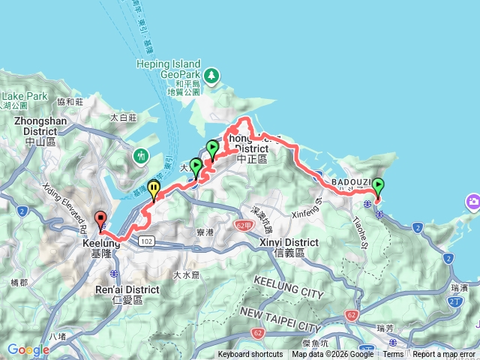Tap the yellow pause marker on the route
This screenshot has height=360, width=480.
click(154, 188)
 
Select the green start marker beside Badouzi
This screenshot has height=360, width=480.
click(377, 185)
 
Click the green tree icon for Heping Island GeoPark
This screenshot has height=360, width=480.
click(212, 75)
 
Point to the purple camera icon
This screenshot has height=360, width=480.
click(473, 202)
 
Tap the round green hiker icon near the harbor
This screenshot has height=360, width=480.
click(140, 157)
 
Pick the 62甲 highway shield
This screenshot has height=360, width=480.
click(243, 224)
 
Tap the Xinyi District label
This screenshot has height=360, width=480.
click(289, 243)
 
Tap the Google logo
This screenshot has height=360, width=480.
click(28, 349)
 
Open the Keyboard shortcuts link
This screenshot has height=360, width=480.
click(250, 355)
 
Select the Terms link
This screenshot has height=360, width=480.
click(393, 355)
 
